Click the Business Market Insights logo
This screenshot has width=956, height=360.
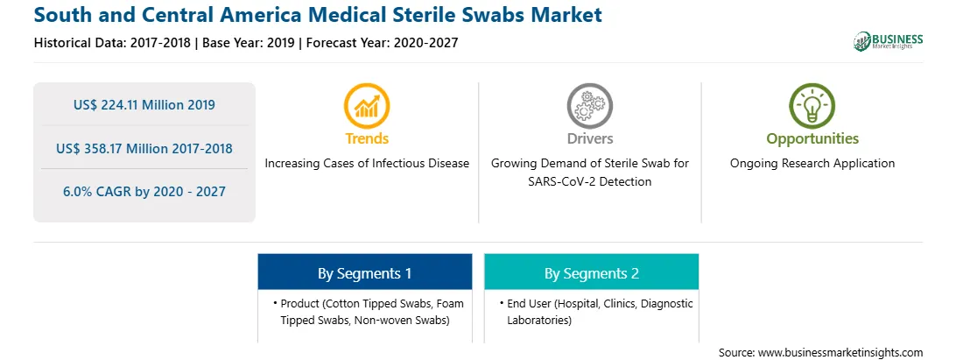pyautogui.click(x=888, y=41)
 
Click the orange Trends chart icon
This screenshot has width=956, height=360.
pyautogui.click(x=367, y=106)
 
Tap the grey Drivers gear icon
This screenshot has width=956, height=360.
pyautogui.click(x=589, y=106)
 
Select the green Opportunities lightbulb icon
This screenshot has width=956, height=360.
pyautogui.click(x=812, y=106)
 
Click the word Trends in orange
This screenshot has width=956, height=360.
pyautogui.click(x=367, y=138)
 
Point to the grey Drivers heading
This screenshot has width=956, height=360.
pyautogui.click(x=589, y=138)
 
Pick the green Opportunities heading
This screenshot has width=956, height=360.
pyautogui.click(x=812, y=139)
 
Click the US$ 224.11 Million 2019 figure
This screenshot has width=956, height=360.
pyautogui.click(x=144, y=105)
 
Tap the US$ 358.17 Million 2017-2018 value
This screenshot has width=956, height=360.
pyautogui.click(x=144, y=148)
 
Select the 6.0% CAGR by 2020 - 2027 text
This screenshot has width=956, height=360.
pyautogui.click(x=144, y=192)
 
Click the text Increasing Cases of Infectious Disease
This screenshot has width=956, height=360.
pyautogui.click(x=367, y=164)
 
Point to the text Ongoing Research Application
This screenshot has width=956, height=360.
pyautogui.click(x=812, y=164)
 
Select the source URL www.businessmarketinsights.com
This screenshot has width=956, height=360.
pyautogui.click(x=840, y=353)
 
